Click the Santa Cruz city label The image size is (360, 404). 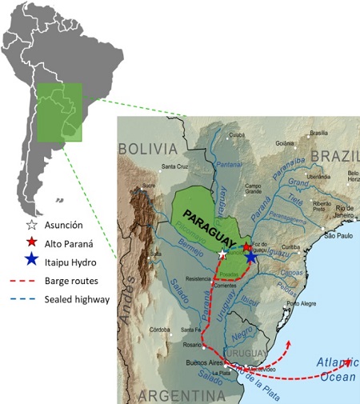coord(174,166)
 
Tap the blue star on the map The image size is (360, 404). coord(251,256)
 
